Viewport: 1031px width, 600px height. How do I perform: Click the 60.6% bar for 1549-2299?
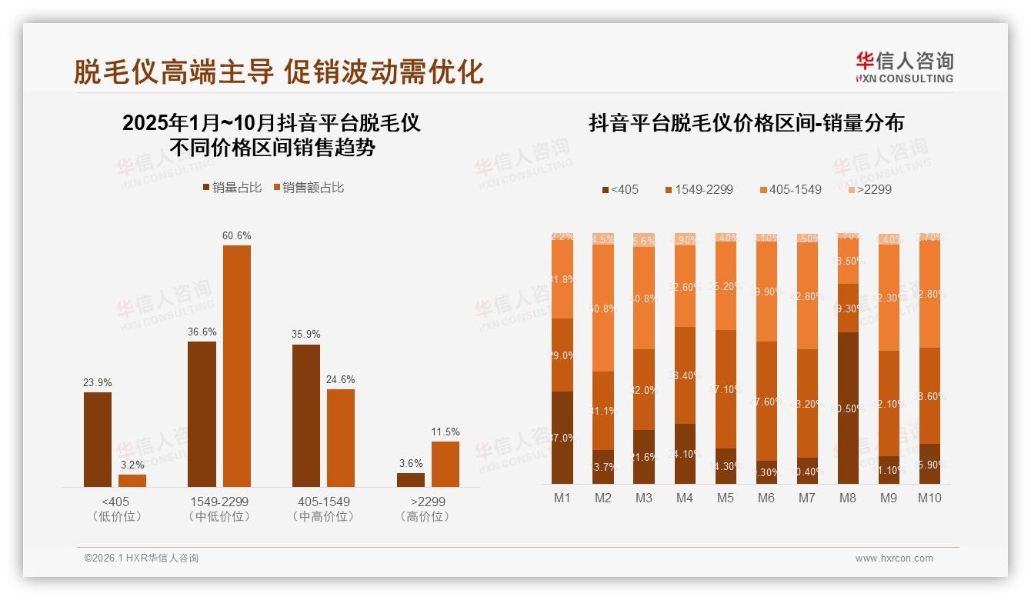[237, 365]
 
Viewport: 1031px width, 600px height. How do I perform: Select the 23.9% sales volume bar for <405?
[98, 439]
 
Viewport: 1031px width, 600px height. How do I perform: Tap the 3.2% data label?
[132, 465]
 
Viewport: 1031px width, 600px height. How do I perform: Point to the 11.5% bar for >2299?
[445, 464]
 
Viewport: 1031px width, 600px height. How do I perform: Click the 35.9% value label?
[306, 335]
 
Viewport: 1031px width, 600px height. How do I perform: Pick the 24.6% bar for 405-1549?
[341, 438]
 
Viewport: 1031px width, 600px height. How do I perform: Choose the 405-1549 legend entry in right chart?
[790, 189]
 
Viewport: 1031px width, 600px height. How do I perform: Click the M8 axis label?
[847, 498]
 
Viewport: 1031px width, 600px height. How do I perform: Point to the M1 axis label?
[562, 498]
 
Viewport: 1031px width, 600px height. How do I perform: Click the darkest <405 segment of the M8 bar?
[847, 408]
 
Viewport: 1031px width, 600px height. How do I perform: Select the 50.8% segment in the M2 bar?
[603, 308]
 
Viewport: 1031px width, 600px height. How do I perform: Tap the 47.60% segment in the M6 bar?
[766, 401]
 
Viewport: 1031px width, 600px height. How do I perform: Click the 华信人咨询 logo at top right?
[904, 68]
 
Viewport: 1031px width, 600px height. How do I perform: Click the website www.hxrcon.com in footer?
[894, 558]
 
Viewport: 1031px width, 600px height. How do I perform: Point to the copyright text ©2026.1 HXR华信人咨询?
[141, 558]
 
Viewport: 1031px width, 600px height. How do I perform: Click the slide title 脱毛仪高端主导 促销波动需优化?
[279, 72]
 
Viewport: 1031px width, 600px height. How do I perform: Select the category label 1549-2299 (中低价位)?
[219, 508]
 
